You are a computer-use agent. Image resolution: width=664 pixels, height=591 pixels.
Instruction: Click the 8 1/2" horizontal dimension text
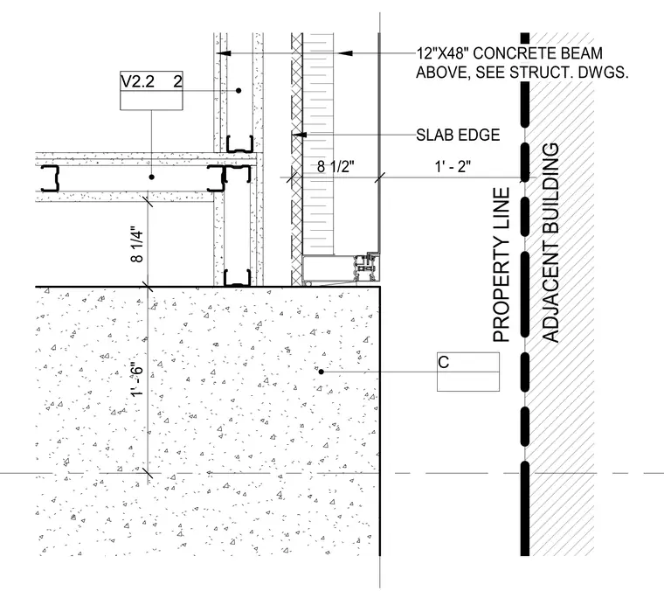[335, 166]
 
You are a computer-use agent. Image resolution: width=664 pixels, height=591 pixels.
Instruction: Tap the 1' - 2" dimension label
[453, 166]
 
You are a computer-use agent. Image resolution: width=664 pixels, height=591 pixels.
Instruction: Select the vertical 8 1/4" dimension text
[138, 247]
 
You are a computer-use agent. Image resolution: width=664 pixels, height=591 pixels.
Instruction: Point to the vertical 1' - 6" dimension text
[138, 379]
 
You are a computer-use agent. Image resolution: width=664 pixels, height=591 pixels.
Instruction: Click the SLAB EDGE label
[458, 136]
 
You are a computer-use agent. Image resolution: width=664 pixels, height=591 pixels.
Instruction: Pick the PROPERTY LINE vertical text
[501, 265]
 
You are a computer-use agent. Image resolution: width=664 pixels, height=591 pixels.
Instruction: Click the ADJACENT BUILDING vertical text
[550, 242]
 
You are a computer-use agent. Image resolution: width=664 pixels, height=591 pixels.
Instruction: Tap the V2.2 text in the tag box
[138, 81]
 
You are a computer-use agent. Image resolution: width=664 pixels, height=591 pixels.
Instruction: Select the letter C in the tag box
[443, 363]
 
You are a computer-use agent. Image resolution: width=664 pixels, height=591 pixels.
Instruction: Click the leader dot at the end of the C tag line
[321, 372]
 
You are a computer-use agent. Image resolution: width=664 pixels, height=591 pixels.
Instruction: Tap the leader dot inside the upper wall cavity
[239, 91]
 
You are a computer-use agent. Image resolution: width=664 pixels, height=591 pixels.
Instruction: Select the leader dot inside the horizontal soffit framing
[152, 177]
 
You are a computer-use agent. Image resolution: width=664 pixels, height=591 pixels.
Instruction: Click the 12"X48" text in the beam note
[443, 53]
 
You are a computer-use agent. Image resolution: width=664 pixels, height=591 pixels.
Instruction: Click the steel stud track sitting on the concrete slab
[237, 277]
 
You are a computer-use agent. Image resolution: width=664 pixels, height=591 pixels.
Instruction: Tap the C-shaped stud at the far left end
[50, 178]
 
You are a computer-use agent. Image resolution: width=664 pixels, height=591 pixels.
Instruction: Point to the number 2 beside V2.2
[178, 81]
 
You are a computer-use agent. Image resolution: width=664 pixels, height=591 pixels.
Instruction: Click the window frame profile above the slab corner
[341, 268]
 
